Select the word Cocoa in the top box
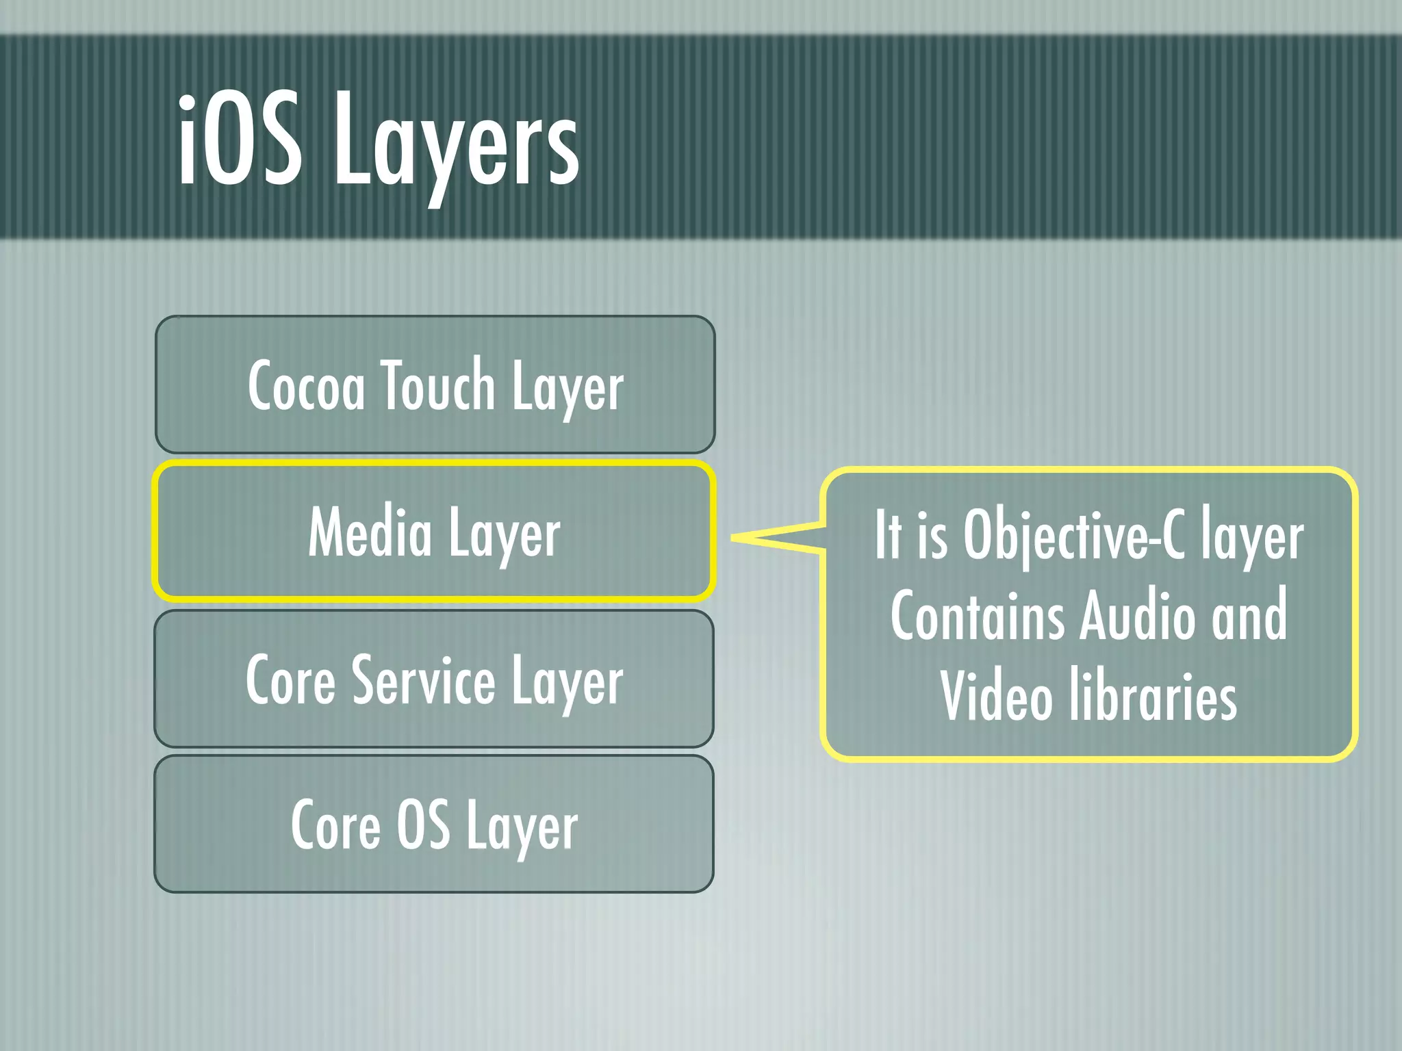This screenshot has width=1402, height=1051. click(307, 386)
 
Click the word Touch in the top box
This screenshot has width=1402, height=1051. click(438, 385)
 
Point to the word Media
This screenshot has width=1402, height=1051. click(370, 532)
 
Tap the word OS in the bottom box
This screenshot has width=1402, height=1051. click(424, 824)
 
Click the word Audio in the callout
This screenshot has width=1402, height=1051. click(1137, 615)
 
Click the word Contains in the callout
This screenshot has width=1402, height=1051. click(978, 615)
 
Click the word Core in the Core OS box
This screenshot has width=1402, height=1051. click(335, 825)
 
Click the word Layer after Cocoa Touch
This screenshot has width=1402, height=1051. click(568, 387)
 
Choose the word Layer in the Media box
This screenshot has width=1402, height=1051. click(505, 534)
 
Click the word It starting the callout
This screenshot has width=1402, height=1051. click(888, 534)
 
